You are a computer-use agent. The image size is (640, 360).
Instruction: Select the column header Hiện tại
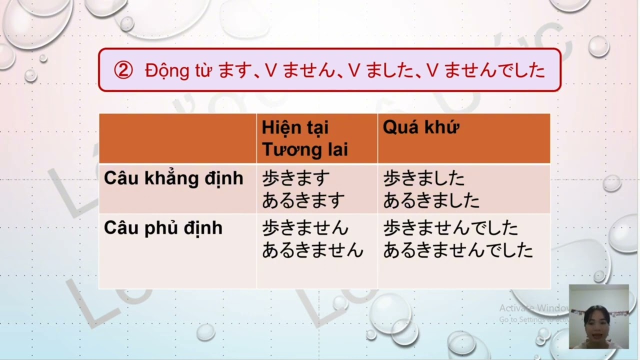coord(295,127)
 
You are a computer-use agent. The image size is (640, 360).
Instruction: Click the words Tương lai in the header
coord(304,149)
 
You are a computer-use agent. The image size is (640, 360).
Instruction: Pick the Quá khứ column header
coord(420,127)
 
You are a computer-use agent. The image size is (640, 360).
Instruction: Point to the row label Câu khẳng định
coord(173,178)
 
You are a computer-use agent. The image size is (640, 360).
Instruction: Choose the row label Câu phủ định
coord(163,228)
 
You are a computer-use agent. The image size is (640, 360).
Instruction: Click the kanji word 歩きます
coord(296,178)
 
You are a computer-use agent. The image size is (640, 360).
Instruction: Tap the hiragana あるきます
coord(303,200)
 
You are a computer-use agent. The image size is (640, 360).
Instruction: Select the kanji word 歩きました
coord(423,178)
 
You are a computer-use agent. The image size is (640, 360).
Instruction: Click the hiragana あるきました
coord(431,200)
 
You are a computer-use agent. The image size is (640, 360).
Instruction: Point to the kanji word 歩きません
coord(305,228)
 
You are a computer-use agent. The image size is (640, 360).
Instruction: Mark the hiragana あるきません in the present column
coord(312,250)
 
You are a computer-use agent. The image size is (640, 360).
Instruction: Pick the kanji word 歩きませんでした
coord(450,228)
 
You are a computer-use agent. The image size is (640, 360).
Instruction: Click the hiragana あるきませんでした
coord(458,250)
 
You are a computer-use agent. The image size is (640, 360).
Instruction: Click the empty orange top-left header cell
coord(177,138)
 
